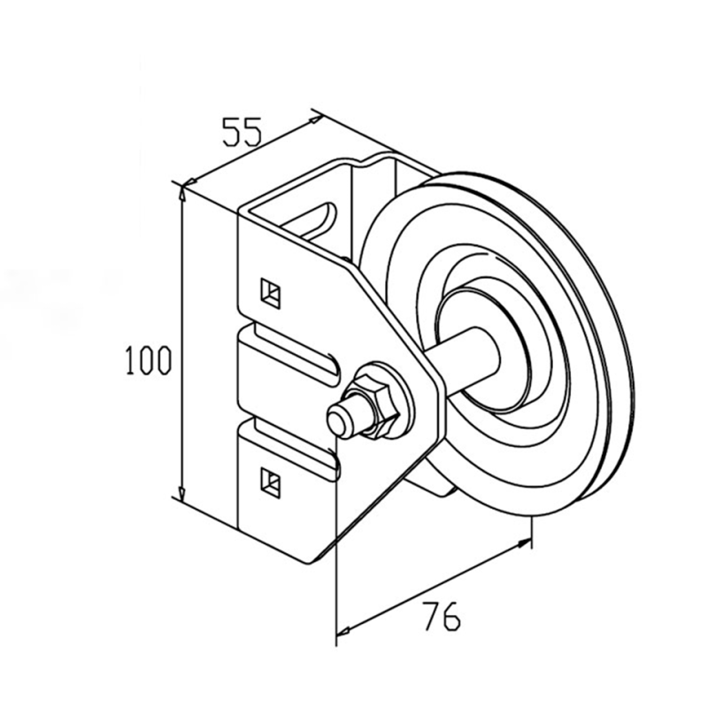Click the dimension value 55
pos(242,132)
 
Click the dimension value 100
pos(149,359)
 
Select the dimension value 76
pos(442,616)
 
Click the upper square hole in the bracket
pos(271,293)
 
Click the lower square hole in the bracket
pos(271,481)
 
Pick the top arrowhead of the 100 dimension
pos(182,193)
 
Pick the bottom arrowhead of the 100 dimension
pos(182,495)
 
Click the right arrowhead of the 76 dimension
pos(524,543)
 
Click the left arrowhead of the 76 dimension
pos(345,629)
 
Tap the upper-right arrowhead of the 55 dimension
pos(315,119)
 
